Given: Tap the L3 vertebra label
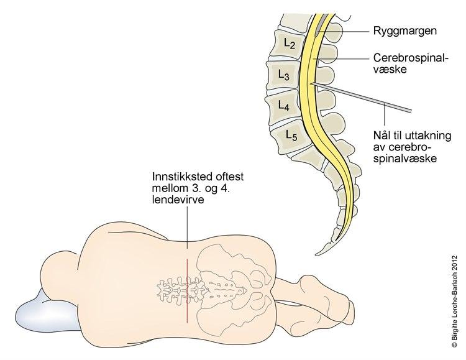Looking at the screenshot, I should [283, 76].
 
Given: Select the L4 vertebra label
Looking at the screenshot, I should [283, 106].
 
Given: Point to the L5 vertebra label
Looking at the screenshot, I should [290, 134].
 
